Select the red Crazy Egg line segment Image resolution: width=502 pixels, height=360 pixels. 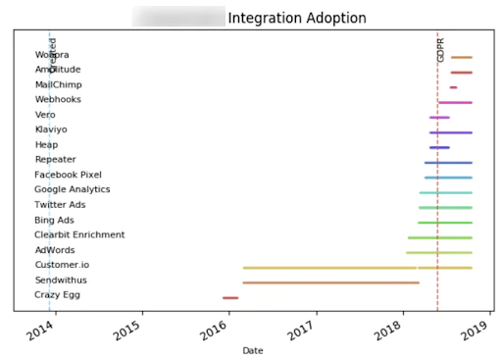(229, 297)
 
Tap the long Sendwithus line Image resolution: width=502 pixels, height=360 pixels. (330, 283)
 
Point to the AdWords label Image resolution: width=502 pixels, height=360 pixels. (54, 250)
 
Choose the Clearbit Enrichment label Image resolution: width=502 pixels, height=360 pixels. (79, 235)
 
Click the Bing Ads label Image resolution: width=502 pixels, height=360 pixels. (54, 220)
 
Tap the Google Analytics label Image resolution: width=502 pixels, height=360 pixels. (73, 189)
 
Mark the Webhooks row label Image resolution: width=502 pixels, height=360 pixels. (58, 99)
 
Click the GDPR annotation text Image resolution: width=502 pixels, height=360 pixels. (441, 50)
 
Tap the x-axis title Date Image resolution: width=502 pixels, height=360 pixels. (252, 350)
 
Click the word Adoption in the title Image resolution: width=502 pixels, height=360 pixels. (334, 18)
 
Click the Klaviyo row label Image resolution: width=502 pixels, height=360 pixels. (51, 129)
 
